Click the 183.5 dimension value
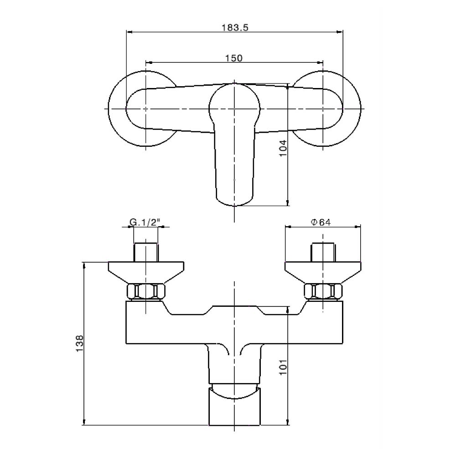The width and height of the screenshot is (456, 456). coord(234,27)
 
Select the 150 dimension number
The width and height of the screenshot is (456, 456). coord(234,58)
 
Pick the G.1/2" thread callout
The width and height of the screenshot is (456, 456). coord(146,223)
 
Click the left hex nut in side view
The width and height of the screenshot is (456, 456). coord(145,292)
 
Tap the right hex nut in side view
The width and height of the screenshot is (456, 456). coord(323,292)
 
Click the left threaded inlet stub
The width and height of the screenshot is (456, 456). coord(145,253)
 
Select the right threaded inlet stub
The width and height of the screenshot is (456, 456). coord(323,253)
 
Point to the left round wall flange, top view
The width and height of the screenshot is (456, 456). coord(119,109)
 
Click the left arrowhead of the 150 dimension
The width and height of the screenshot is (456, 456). coord(148,63)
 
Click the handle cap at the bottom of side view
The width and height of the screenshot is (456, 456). coord(234,408)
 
